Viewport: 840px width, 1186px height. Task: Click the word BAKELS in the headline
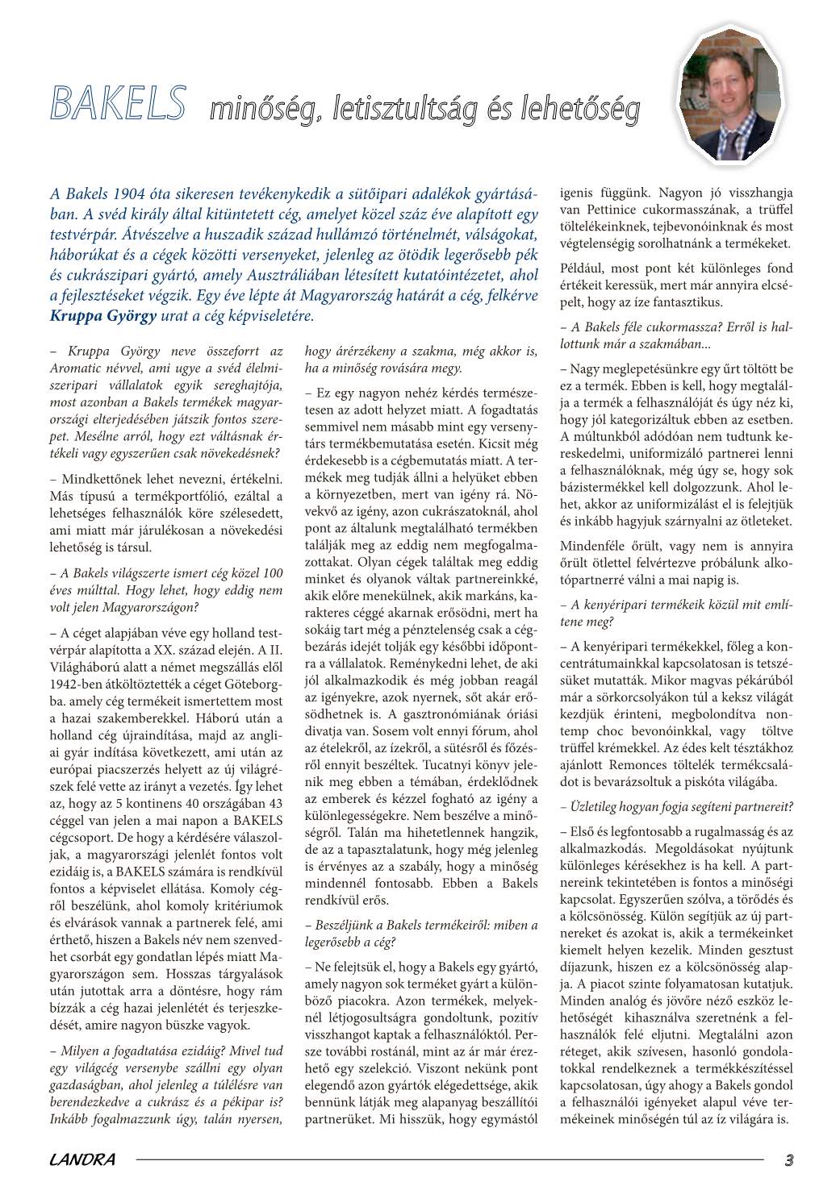118,103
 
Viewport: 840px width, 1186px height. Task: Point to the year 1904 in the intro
129,194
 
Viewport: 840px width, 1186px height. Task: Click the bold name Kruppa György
103,316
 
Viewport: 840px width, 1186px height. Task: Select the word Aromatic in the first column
77,368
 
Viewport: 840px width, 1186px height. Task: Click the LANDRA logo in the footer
82,1160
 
